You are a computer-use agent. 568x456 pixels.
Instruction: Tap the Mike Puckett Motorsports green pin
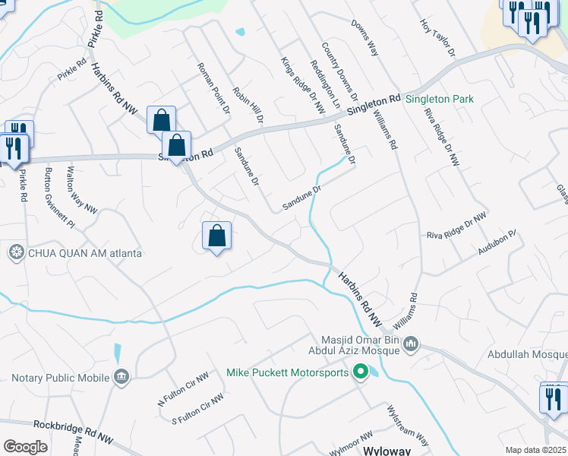[x=361, y=372]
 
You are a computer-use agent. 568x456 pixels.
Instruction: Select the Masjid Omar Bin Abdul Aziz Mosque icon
[x=412, y=345]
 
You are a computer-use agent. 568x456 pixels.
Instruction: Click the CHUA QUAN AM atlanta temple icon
[x=15, y=252]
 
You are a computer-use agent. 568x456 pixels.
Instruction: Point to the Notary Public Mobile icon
[x=121, y=377]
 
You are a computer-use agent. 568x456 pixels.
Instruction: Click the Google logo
[x=25, y=447]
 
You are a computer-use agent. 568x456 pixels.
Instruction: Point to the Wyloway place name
[x=388, y=450]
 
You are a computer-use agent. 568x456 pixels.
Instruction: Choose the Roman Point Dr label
[x=213, y=88]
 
